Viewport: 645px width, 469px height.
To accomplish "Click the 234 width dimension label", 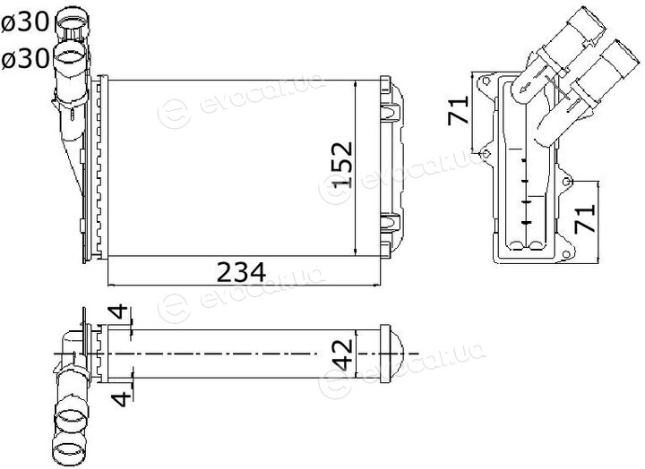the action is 242,272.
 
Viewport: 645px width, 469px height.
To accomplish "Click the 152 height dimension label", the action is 342,165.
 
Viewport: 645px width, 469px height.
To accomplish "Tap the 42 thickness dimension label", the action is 342,354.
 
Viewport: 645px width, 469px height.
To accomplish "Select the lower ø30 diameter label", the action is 25,59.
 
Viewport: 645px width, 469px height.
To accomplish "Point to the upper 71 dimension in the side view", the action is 459,110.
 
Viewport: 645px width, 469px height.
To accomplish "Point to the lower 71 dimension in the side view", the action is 584,218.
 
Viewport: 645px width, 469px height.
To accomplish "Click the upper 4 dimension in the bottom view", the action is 119,312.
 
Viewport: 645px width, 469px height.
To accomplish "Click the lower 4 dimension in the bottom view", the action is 122,398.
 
